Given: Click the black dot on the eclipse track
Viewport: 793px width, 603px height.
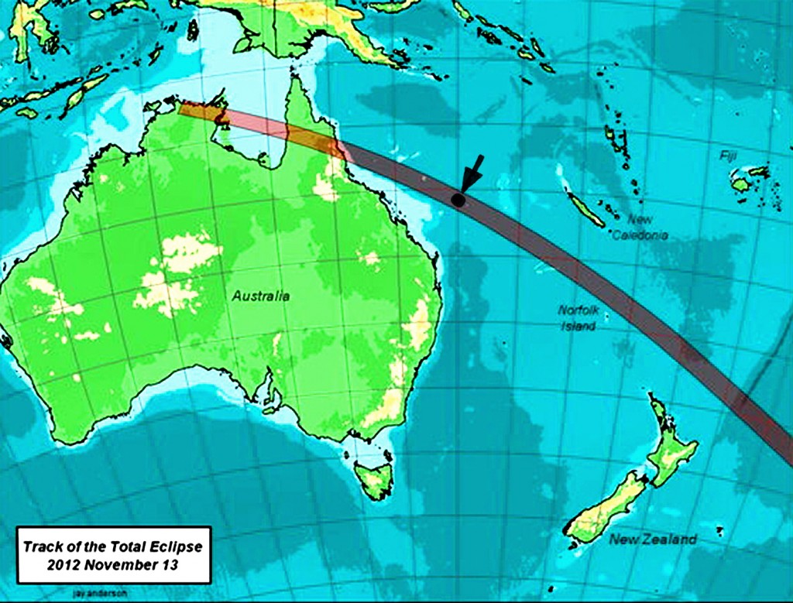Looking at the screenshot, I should pos(458,200).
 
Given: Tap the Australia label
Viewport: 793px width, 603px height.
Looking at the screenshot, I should pos(261,296).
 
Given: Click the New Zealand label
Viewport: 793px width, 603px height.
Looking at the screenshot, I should pos(652,540).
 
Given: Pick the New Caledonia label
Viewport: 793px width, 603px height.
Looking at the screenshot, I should pos(640,228).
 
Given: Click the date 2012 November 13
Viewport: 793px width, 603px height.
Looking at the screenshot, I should pos(113,564).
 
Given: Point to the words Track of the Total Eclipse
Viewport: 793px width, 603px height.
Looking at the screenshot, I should pos(113,546).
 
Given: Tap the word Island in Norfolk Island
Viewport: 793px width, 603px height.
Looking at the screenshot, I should pos(578,327).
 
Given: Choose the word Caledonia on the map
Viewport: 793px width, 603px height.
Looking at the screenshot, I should pos(640,235).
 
